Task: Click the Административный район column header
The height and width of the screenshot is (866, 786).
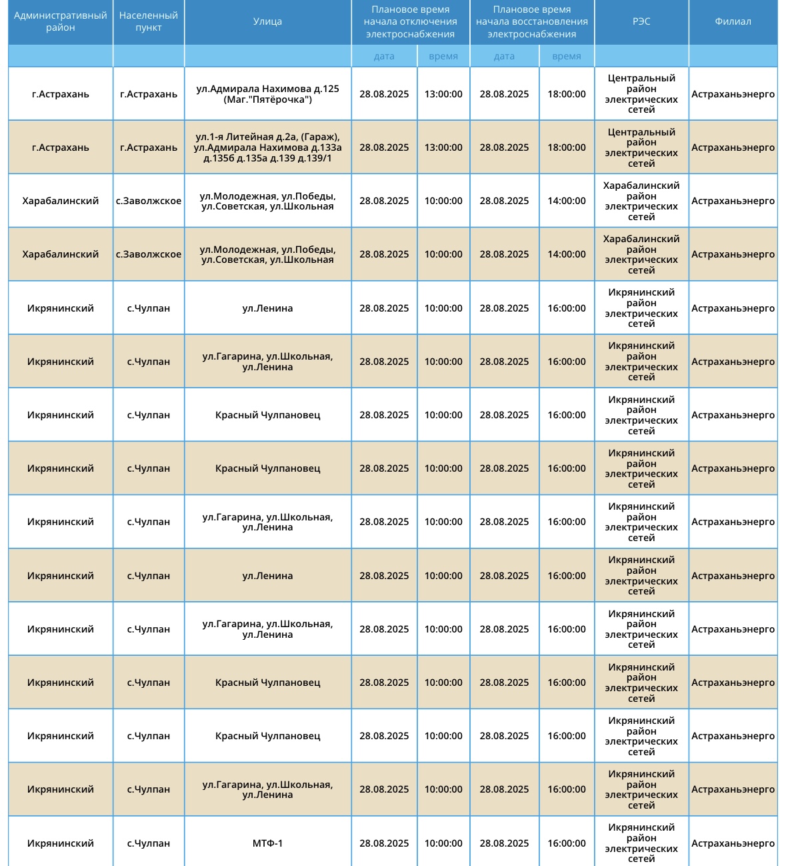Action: point(61,21)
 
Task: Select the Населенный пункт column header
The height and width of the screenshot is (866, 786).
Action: point(149,21)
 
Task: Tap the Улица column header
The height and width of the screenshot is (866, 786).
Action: point(267,21)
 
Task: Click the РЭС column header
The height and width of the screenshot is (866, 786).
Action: point(641,21)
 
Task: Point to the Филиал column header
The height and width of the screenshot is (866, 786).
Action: point(733,21)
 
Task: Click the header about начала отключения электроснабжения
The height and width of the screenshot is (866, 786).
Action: point(411,21)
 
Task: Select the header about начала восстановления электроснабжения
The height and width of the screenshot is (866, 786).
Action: point(532,21)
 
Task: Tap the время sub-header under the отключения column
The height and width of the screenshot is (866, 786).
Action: point(443,56)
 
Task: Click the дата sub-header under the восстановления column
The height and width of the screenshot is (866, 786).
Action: point(504,56)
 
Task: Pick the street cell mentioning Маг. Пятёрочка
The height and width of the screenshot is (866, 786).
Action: point(267,94)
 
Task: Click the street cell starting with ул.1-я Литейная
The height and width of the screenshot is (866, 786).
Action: point(267,147)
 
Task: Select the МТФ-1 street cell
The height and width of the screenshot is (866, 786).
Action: point(267,843)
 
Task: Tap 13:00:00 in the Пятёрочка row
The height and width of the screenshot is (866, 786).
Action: point(443,94)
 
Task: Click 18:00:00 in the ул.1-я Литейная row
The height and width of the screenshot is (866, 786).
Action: point(567,147)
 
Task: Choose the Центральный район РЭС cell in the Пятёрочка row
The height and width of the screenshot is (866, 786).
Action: point(641,94)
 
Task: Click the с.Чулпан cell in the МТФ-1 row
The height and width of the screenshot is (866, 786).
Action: point(149,843)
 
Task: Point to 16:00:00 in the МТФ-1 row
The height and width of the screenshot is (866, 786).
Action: point(567,843)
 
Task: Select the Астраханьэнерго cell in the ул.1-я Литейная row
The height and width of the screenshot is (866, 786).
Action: point(733,147)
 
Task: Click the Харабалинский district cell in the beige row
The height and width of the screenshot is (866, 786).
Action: point(61,254)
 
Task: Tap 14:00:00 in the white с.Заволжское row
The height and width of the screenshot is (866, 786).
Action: point(567,201)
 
